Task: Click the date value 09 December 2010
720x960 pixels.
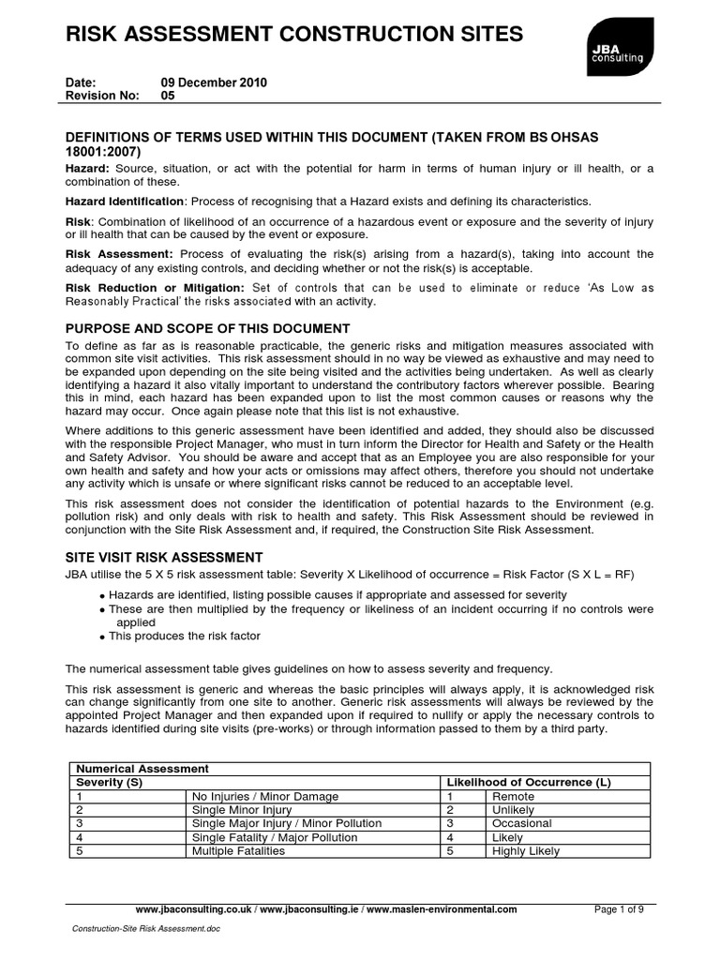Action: [214, 82]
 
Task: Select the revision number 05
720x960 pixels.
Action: [168, 96]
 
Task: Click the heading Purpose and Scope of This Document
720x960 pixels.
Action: [207, 328]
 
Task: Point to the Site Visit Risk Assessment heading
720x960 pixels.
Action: [164, 557]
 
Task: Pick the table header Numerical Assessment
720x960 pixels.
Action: [142, 768]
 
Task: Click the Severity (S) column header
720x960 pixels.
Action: [110, 782]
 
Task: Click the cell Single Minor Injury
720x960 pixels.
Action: [241, 809]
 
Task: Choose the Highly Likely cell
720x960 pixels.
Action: [525, 851]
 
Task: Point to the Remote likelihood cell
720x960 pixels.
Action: [513, 796]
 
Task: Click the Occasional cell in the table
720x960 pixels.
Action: [521, 823]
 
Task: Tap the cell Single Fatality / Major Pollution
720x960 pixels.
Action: [274, 837]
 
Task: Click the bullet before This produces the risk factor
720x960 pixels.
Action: [102, 637]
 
